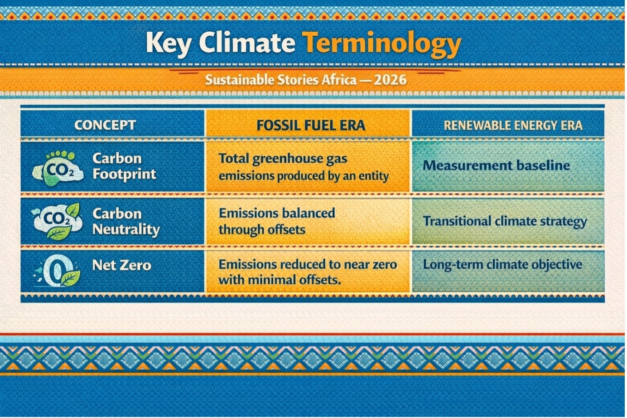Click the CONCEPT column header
(105, 125)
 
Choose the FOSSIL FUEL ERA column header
(311, 125)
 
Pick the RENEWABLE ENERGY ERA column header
(513, 125)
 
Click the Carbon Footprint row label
(124, 166)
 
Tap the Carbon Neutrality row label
(126, 222)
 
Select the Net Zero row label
(122, 265)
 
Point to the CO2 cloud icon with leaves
(57, 221)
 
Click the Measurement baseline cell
(496, 165)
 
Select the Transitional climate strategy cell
(505, 221)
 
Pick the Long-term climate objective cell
(502, 265)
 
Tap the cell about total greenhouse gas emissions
(304, 167)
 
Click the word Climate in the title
(247, 43)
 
